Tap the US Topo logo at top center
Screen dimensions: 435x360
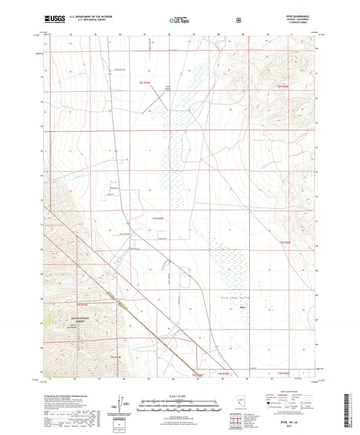click(x=179, y=21)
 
